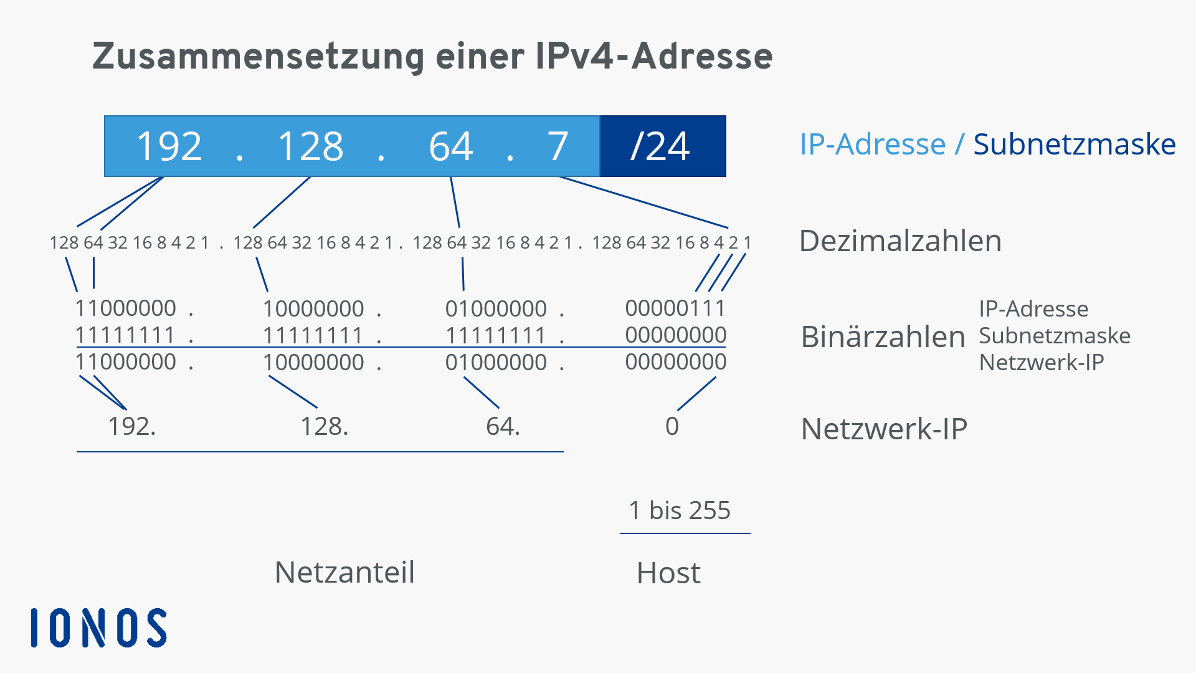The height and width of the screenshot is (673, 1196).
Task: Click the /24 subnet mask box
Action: [663, 146]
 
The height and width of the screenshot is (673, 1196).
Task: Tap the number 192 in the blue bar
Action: [169, 146]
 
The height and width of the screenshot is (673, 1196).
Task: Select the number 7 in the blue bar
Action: [558, 146]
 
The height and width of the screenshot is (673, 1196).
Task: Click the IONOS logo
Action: [98, 628]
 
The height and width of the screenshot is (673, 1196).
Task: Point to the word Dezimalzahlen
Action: [900, 241]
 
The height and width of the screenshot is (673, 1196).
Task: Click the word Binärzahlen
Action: [883, 336]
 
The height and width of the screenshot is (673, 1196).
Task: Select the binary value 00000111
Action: [675, 308]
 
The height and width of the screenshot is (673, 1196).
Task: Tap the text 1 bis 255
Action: [680, 510]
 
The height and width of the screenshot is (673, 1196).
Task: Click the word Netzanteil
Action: [344, 572]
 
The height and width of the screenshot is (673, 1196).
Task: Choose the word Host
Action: [668, 573]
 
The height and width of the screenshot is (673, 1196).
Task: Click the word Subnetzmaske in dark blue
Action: [1075, 145]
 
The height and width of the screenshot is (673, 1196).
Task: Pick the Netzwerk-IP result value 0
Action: [672, 426]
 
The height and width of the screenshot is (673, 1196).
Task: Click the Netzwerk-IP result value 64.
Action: [503, 426]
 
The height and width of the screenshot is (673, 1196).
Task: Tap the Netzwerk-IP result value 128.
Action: [325, 426]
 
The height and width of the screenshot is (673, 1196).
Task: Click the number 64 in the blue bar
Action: [451, 146]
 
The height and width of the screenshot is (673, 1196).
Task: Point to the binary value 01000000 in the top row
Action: [496, 308]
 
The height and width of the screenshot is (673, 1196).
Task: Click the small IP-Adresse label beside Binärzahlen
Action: [1033, 308]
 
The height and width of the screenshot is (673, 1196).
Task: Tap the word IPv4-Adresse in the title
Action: [654, 56]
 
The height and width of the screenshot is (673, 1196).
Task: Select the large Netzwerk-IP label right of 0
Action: [884, 429]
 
